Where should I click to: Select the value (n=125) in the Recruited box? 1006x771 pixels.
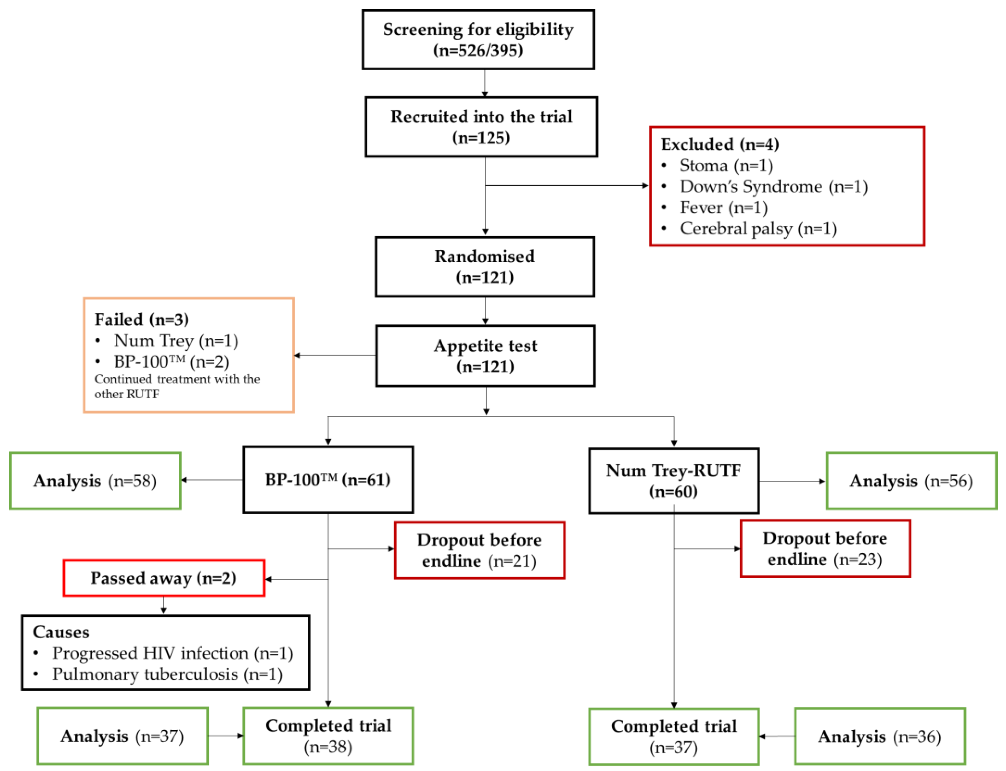point(481,138)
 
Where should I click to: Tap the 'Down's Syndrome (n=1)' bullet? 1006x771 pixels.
point(773,186)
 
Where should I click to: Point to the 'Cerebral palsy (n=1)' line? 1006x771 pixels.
point(758,229)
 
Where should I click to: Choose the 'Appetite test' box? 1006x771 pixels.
point(485,356)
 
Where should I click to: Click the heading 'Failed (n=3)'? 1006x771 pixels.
point(141,319)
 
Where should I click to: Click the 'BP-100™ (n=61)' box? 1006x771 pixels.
point(328,479)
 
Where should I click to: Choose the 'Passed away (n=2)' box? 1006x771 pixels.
point(164,578)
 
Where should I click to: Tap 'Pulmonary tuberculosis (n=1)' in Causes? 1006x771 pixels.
point(167,674)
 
